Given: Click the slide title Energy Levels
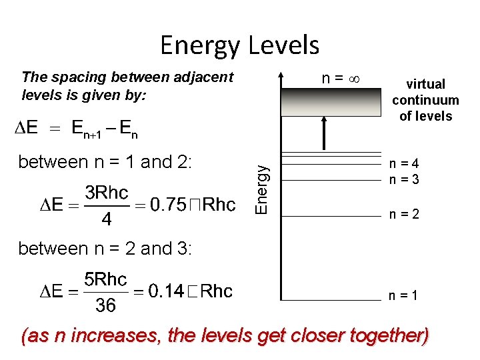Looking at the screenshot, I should (x=239, y=45).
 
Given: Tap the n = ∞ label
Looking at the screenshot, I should (x=341, y=78).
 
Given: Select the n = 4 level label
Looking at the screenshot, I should (x=405, y=164).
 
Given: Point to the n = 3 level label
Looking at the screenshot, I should (x=405, y=179).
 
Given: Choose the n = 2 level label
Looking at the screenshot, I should (x=405, y=215).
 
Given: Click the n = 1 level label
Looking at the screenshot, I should (x=405, y=295).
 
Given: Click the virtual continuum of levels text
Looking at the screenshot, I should (x=425, y=100).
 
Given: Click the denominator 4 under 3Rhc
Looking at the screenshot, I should (x=106, y=220).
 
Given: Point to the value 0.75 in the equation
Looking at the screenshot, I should (x=167, y=205).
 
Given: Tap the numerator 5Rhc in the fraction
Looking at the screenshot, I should (x=105, y=279).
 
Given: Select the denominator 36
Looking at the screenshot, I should (x=105, y=306).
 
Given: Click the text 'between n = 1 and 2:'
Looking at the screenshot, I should (x=105, y=162).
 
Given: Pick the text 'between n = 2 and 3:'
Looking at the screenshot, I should (x=105, y=249).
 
